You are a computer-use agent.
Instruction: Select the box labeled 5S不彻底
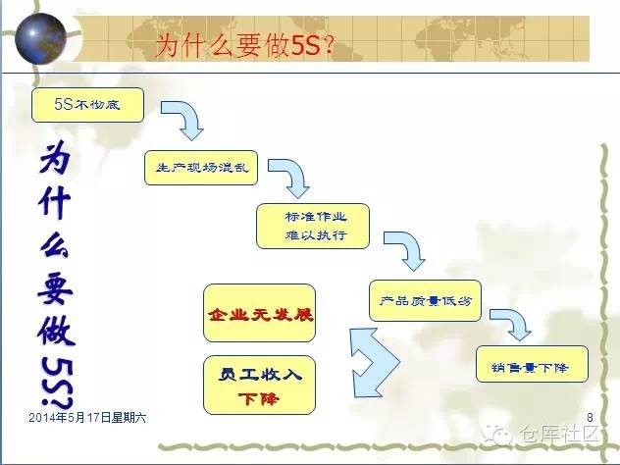[x=88, y=104]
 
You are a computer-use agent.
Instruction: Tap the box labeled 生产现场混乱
[x=201, y=168]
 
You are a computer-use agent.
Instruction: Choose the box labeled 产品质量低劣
[x=424, y=301]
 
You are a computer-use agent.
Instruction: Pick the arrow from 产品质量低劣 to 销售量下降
[x=510, y=322]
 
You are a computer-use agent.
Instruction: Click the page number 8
[x=590, y=419]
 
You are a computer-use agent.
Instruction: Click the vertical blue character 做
[x=58, y=331]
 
